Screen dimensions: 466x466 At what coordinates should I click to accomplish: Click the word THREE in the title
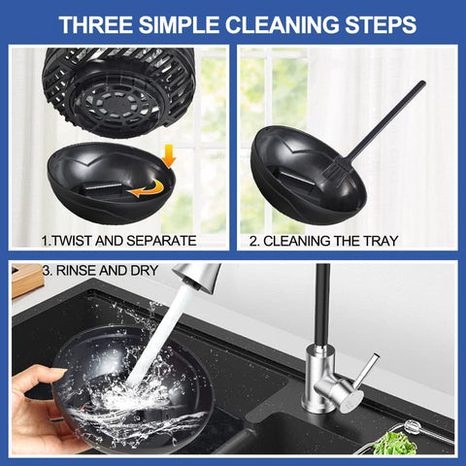pos(96,24)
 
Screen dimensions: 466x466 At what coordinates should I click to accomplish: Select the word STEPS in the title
pos(381,24)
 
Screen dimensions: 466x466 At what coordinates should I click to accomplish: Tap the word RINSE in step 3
pos(76,271)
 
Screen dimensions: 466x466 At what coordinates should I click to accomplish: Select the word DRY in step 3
pos(145,271)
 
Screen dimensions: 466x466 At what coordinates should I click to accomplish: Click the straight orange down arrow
pos(169,155)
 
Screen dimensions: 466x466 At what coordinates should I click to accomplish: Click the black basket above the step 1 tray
pos(118,90)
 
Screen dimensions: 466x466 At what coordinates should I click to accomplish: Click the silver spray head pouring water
pos(197,275)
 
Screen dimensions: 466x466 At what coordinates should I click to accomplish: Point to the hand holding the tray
pos(39,411)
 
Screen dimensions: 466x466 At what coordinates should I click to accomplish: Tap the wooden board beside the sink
pos(27,280)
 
